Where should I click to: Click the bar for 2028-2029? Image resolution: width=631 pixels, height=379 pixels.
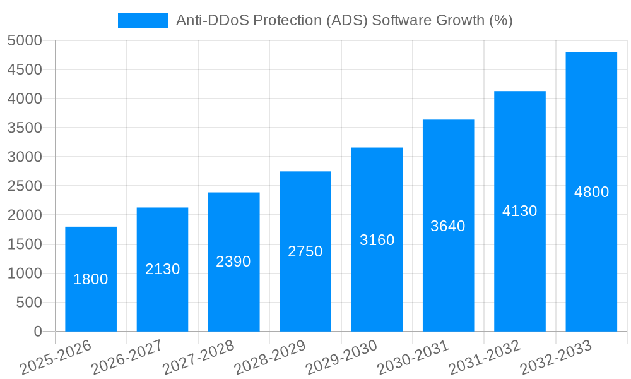pyautogui.click(x=305, y=291)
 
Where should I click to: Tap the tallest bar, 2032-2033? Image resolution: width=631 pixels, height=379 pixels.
pyautogui.click(x=591, y=253)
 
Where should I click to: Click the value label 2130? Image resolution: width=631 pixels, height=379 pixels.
pyautogui.click(x=162, y=269)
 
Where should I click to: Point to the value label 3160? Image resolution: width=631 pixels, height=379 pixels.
pyautogui.click(x=377, y=240)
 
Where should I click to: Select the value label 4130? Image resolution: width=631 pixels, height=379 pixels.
pyautogui.click(x=519, y=211)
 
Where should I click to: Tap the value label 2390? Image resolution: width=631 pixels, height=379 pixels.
pyautogui.click(x=233, y=262)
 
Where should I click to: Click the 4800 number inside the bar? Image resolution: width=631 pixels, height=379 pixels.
pyautogui.click(x=591, y=192)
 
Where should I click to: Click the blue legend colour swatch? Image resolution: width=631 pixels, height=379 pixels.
pyautogui.click(x=143, y=20)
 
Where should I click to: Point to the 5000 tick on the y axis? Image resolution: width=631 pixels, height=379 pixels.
pyautogui.click(x=25, y=40)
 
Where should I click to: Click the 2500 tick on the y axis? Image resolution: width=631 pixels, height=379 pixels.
pyautogui.click(x=25, y=186)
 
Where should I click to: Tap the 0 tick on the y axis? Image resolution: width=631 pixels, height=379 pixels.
pyautogui.click(x=37, y=332)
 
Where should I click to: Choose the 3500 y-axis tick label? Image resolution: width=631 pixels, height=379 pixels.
pyautogui.click(x=25, y=128)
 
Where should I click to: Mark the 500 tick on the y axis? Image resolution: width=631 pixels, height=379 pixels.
pyautogui.click(x=29, y=303)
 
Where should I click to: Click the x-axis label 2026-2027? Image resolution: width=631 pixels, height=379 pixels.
pyautogui.click(x=126, y=358)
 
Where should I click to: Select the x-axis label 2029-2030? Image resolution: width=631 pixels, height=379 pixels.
pyautogui.click(x=341, y=358)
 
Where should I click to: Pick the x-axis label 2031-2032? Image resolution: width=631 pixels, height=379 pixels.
pyautogui.click(x=484, y=358)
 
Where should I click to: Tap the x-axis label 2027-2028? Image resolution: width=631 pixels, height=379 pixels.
pyautogui.click(x=198, y=358)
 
